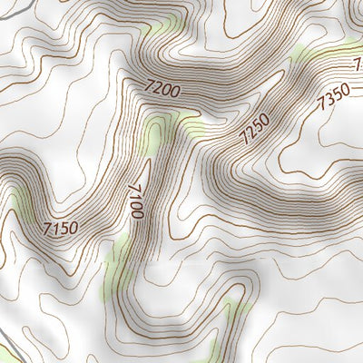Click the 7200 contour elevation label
coord(162,89)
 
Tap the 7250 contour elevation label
coord(255,131)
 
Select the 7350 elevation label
coord(332,94)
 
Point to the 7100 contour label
coord(136,200)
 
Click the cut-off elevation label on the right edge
coord(358,65)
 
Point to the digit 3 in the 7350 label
coord(329,98)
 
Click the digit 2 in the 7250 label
coord(250,136)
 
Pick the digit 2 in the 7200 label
coord(156,87)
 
